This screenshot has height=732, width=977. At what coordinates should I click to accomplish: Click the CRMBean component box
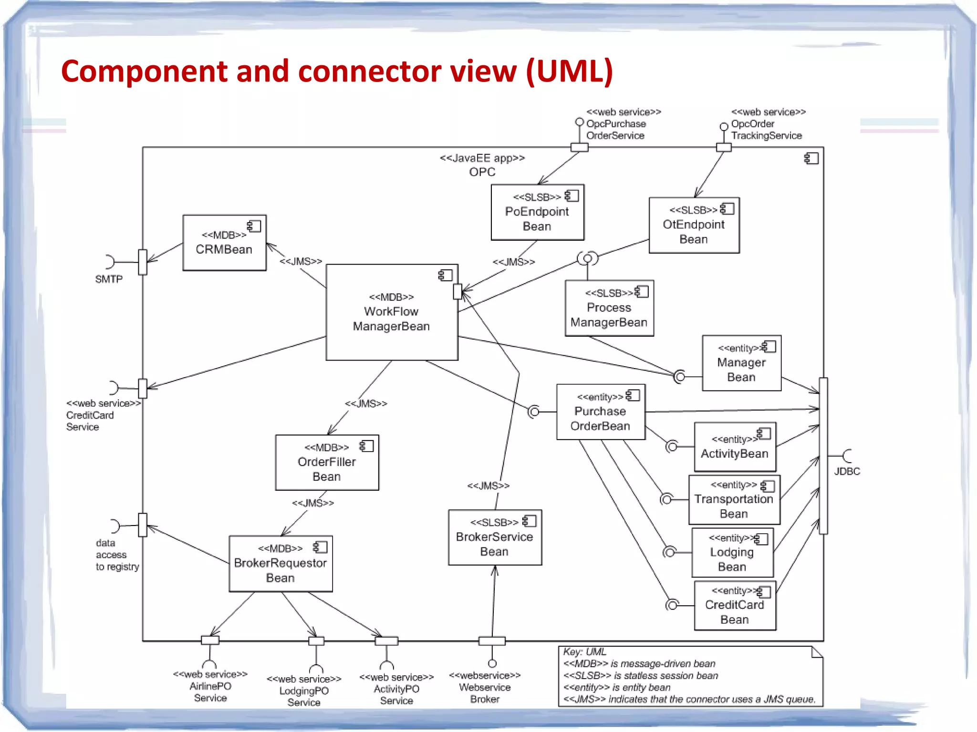224,243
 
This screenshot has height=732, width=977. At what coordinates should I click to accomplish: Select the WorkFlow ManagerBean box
392,312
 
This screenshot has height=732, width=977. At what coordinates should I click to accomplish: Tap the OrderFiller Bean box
327,463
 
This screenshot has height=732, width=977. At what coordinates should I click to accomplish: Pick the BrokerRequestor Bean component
281,564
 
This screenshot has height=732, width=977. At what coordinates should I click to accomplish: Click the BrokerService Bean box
495,538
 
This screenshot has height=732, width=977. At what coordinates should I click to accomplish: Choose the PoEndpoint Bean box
537,213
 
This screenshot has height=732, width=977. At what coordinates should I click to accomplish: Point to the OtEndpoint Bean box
694,226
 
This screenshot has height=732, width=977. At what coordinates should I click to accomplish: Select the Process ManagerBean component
609,309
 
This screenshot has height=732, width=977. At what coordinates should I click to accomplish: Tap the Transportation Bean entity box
734,500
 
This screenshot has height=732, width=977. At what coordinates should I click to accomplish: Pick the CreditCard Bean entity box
735,606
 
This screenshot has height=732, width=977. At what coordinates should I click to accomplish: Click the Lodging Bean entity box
732,553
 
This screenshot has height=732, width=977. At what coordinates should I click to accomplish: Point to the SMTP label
109,279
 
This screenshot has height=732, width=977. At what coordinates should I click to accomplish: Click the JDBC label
847,471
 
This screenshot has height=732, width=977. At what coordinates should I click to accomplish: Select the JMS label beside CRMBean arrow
301,261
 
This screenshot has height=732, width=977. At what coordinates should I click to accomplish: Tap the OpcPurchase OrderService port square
579,147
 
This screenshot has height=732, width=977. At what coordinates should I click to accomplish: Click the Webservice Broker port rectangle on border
492,641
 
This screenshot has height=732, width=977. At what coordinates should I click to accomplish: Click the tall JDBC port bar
823,456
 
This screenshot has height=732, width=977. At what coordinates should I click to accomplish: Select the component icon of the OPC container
811,158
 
